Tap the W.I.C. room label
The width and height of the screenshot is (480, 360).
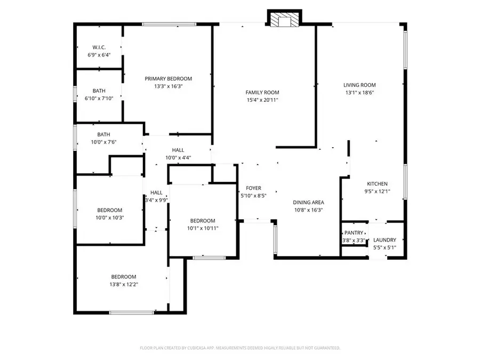coord(98,47)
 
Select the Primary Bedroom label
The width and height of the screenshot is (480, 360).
coord(168,78)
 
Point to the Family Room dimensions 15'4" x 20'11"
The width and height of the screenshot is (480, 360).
coord(262,100)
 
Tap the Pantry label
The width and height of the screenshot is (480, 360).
coord(354,233)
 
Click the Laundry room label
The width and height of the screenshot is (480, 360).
coord(384,240)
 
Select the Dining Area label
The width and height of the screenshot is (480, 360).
coord(308,202)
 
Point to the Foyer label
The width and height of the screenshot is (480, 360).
coord(253,188)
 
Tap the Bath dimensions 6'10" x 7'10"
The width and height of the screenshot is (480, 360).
coord(99,99)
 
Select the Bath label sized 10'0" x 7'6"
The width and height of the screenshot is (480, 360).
coord(103,134)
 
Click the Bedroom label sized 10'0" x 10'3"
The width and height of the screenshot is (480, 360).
coord(110,210)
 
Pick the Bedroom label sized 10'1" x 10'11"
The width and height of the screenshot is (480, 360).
coord(203,221)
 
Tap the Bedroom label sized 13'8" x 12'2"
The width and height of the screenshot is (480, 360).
coord(124,277)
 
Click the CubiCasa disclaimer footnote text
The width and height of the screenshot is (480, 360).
coord(240,348)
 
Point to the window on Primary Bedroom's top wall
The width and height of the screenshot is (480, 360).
coord(169,23)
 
